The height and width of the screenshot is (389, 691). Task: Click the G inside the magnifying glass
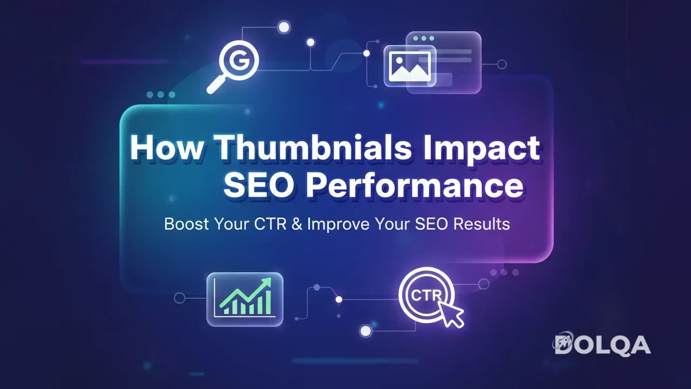point(240,60)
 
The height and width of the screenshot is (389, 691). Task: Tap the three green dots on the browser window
point(424,39)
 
